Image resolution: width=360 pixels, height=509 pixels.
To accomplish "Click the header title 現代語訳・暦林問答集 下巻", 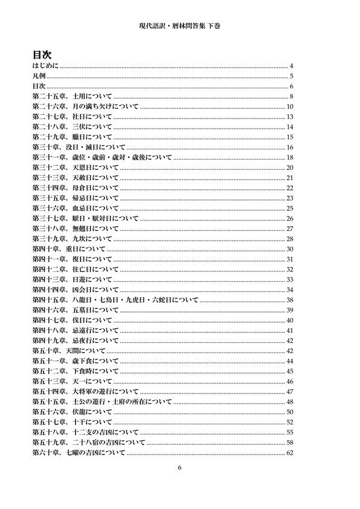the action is (180, 28).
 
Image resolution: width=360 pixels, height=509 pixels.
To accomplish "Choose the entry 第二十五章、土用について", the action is (71, 97).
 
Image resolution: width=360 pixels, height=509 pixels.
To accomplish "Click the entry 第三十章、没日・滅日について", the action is (79, 148).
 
